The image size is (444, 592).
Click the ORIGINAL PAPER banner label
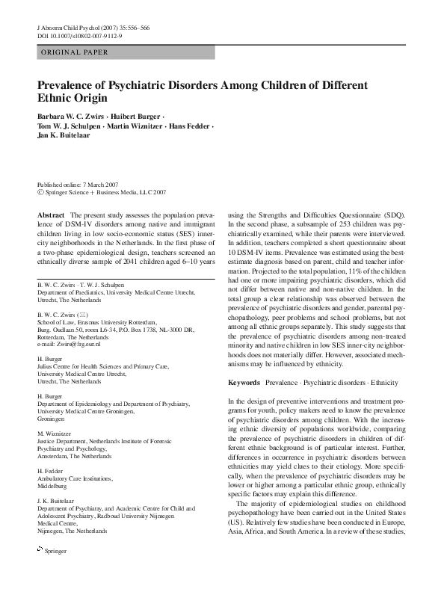pyautogui.click(x=73, y=52)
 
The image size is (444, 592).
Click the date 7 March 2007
pyautogui.click(x=99, y=185)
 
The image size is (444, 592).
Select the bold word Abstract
pyautogui.click(x=50, y=215)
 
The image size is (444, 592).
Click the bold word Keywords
pyautogui.click(x=243, y=383)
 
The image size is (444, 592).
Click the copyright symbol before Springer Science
pyautogui.click(x=40, y=193)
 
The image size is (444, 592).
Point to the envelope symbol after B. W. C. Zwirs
pyautogui.click(x=83, y=318)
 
